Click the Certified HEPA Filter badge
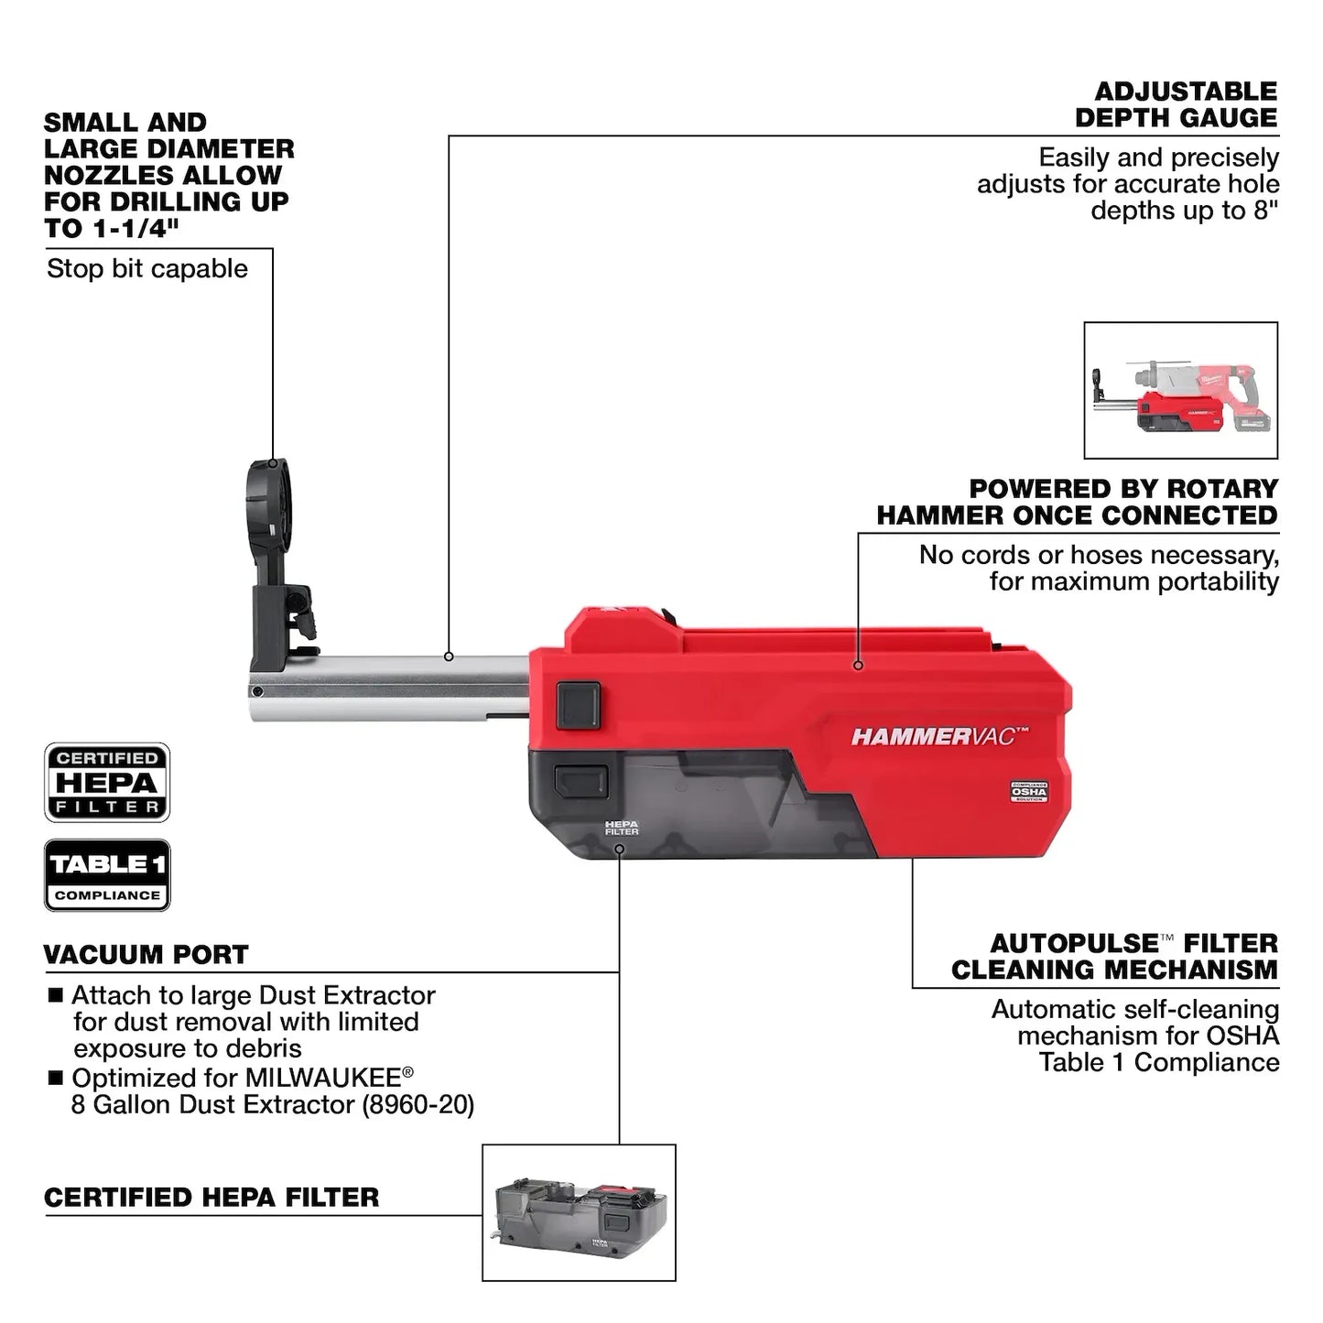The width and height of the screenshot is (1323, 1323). coord(107,782)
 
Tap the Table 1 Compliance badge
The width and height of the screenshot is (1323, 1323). coord(107,874)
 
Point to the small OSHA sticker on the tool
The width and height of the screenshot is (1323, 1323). coord(1028,792)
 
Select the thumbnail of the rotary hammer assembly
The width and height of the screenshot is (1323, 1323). coord(1180,390)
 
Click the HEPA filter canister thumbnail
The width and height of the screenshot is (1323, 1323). coord(579,1212)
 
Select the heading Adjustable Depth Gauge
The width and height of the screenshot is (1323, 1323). coord(1176,104)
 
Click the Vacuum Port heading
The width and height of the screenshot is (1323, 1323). coord(146,954)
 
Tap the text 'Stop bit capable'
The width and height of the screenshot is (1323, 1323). coord(147,268)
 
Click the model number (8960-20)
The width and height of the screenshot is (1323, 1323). coord(418,1104)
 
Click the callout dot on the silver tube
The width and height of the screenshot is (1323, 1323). coord(449,656)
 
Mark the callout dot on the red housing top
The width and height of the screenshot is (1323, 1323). coord(858,666)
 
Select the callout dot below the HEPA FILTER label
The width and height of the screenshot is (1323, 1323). coord(620,849)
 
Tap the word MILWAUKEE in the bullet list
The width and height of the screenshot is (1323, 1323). coord(323,1077)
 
